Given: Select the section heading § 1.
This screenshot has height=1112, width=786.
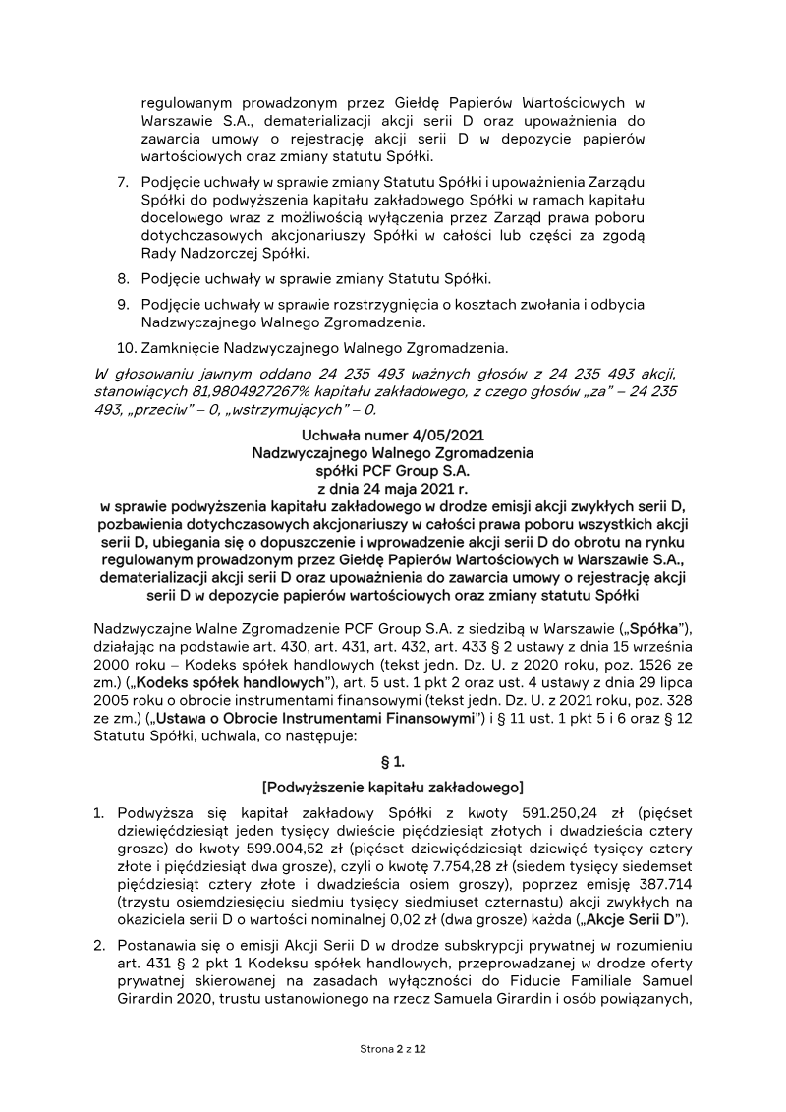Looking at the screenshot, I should click(393, 761).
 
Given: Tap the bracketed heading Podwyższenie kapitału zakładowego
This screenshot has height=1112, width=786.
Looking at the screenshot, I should click(393, 787).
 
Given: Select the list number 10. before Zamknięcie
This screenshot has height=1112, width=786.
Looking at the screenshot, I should click(126, 347).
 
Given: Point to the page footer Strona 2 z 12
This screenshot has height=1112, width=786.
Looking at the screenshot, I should click(393, 1051).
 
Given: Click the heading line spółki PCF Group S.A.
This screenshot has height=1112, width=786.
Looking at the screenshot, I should click(393, 471).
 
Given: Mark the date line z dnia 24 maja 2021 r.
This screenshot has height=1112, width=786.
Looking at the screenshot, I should click(393, 489).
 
